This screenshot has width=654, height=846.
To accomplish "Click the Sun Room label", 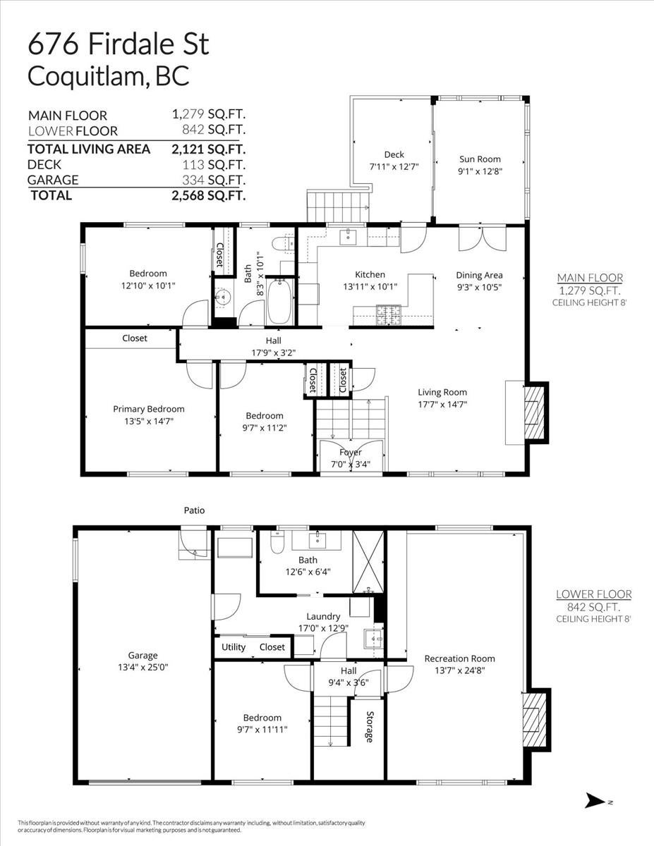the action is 480,159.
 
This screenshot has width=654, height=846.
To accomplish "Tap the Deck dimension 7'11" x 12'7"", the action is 394,167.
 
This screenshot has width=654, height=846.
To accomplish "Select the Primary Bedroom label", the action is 149,409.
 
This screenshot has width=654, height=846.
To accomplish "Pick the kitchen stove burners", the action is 388,315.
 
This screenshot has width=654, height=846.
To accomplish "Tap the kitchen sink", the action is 347,237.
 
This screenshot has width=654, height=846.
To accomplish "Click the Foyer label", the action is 351,453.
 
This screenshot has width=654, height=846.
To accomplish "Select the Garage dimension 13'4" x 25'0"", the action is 143,668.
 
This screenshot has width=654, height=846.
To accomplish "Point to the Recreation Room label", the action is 459,658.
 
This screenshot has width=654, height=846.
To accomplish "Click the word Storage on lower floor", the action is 369,726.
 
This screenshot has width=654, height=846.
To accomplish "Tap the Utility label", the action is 234,647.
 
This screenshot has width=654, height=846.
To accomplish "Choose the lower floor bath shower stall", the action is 368,561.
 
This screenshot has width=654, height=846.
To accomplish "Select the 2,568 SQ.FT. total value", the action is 208,195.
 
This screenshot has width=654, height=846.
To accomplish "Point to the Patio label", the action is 195,510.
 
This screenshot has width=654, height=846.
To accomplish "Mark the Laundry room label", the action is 323,616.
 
